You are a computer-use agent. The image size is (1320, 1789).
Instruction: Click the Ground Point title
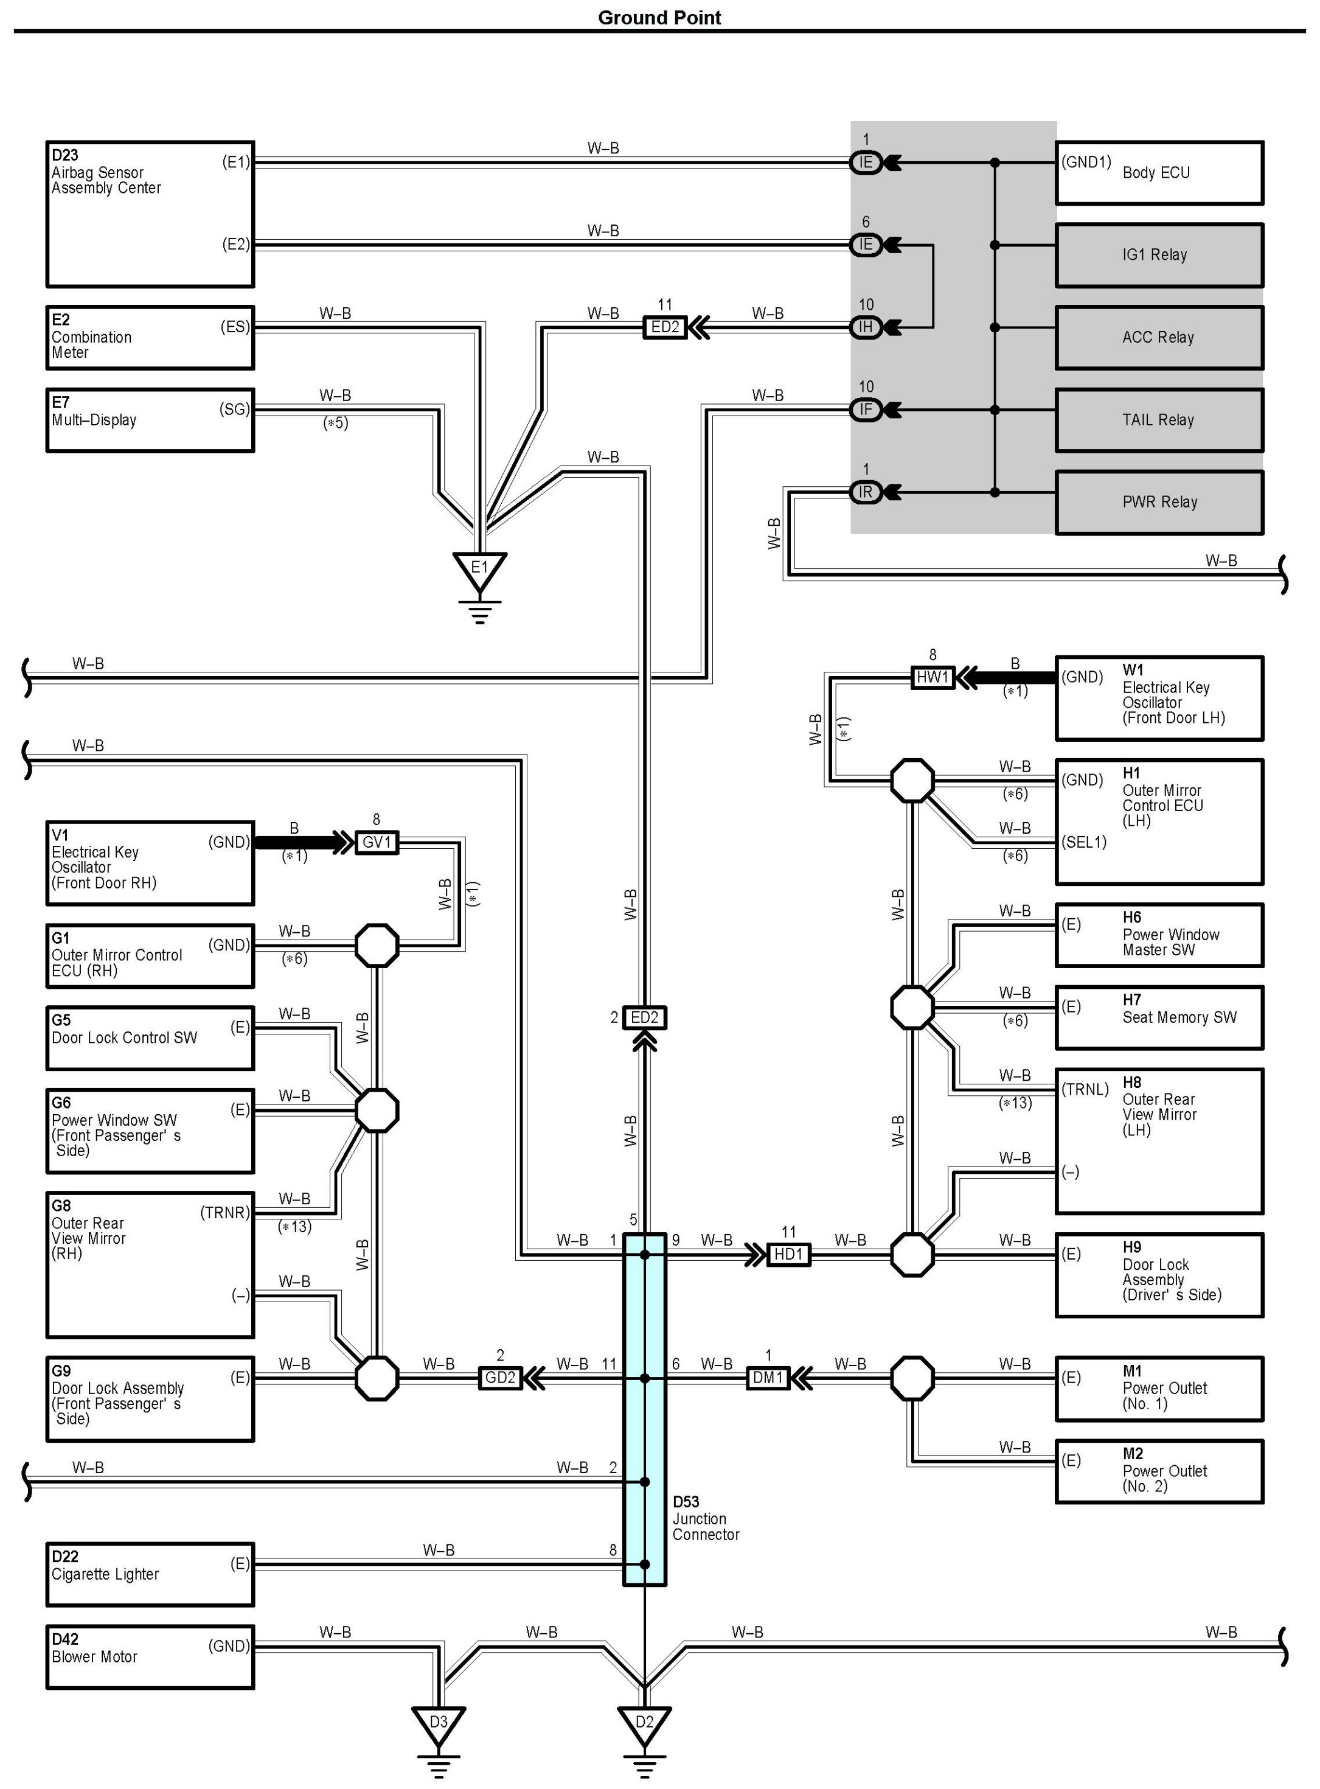659,18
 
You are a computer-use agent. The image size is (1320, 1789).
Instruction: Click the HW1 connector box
933,678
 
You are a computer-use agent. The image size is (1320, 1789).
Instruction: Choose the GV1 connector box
377,843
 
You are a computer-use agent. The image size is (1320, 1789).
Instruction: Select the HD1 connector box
788,1254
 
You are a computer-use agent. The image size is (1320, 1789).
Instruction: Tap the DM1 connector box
768,1378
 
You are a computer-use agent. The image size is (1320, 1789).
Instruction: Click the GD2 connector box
500,1378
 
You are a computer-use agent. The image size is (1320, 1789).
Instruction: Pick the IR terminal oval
866,492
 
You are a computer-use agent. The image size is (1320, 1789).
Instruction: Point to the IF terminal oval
866,410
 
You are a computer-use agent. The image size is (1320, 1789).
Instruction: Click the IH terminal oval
866,327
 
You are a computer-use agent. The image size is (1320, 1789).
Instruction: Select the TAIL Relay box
1159,420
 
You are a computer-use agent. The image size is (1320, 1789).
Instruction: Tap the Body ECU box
1159,173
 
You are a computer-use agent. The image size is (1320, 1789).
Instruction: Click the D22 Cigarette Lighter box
150,1574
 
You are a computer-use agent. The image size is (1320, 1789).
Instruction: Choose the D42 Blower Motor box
150,1656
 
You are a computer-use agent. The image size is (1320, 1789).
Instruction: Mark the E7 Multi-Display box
150,420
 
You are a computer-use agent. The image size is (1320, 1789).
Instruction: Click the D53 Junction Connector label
706,1518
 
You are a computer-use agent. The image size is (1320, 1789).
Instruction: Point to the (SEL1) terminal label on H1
1084,842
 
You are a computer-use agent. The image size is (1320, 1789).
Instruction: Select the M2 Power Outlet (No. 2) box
1159,1471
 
